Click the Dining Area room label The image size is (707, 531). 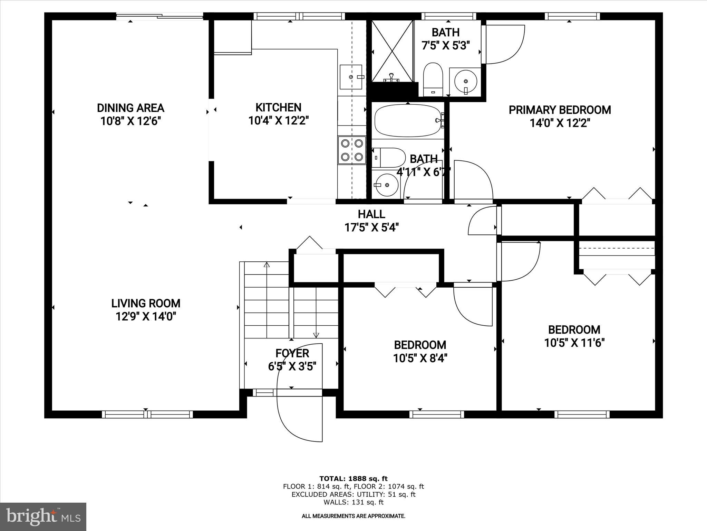(x=130, y=108)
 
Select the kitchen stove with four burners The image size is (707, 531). (x=352, y=149)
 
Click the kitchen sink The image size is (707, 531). (x=351, y=77)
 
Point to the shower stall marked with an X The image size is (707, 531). (x=392, y=51)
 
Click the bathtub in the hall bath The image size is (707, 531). (x=408, y=121)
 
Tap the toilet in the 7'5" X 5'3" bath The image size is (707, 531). (x=433, y=79)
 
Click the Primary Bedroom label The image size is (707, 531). (x=560, y=110)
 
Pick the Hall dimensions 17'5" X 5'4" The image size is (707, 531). (x=371, y=227)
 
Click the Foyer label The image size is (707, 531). (x=292, y=353)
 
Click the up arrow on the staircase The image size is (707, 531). (x=267, y=265)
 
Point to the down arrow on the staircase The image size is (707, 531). (x=316, y=335)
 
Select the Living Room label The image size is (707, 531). (x=146, y=304)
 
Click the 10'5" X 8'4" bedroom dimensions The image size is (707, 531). (x=420, y=358)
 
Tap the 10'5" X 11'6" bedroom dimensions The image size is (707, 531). (x=574, y=343)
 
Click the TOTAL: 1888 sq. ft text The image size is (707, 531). (x=353, y=479)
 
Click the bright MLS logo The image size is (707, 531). (x=43, y=516)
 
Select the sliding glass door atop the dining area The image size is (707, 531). (x=159, y=16)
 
